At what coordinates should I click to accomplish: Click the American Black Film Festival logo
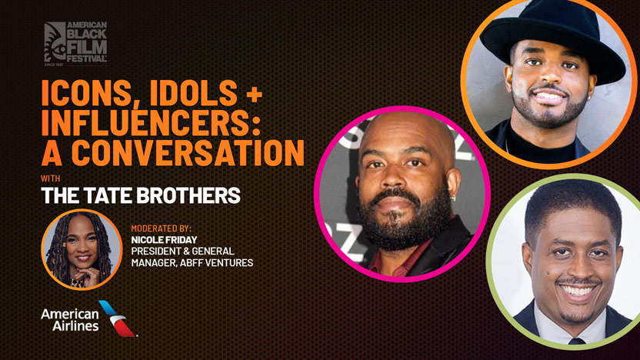click(x=75, y=43)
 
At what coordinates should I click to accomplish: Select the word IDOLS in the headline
click(x=194, y=93)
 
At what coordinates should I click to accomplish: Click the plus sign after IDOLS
click(x=255, y=95)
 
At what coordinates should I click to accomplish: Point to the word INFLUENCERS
click(x=151, y=122)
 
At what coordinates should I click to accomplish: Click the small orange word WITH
click(x=51, y=178)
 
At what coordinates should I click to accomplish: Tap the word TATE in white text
click(x=109, y=195)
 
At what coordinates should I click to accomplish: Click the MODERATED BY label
click(x=162, y=228)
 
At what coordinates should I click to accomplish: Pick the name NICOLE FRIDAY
click(x=164, y=239)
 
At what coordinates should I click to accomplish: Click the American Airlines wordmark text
click(x=70, y=319)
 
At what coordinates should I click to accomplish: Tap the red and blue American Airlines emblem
click(x=118, y=318)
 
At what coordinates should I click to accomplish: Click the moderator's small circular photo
click(x=82, y=249)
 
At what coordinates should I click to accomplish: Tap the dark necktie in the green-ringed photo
click(x=576, y=341)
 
